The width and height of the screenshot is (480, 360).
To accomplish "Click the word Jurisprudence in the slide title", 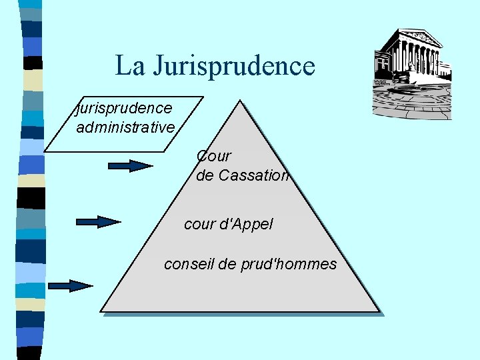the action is tap(234, 65).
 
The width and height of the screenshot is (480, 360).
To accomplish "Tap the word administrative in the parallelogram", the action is tap(125, 127).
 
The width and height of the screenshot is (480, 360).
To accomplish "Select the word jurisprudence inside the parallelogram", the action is tap(125, 107).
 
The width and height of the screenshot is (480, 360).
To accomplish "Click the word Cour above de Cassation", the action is tap(214, 156).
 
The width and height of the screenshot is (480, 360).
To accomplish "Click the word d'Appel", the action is tap(246, 225).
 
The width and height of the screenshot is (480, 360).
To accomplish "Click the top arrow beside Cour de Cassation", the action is tap(131, 166).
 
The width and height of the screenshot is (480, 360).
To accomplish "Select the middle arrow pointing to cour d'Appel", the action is tap(99, 222).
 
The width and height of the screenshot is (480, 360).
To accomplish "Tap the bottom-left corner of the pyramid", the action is tap(102, 310).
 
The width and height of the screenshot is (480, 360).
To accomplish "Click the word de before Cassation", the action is tap(205, 176).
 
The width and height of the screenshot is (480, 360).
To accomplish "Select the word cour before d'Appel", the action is tap(199, 225).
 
